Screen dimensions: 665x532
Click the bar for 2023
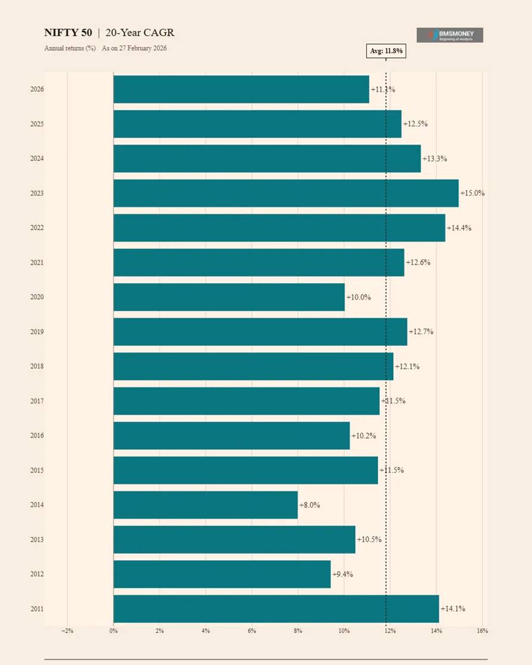click(x=286, y=193)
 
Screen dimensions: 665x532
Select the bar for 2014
click(x=206, y=505)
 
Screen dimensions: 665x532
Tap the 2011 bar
click(x=276, y=608)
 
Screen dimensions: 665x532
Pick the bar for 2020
click(x=229, y=297)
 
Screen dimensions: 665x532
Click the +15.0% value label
click(x=472, y=193)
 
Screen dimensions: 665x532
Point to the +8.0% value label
click(x=310, y=505)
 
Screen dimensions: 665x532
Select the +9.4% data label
click(x=343, y=574)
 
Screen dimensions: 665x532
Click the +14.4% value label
click(x=459, y=228)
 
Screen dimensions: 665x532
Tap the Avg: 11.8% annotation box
click(x=386, y=51)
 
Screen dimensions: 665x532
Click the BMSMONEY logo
click(x=450, y=35)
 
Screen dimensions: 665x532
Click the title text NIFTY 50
click(x=68, y=33)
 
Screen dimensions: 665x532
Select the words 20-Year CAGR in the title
click(x=140, y=33)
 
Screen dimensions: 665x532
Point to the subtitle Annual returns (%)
click(x=70, y=48)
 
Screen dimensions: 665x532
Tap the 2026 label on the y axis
click(x=37, y=89)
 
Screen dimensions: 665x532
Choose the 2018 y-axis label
click(x=37, y=366)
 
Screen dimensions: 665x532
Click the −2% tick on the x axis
click(x=67, y=630)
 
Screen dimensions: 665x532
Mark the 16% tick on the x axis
click(x=483, y=630)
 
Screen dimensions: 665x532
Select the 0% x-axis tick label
click(x=113, y=630)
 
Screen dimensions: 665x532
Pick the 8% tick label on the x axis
click(x=298, y=630)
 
